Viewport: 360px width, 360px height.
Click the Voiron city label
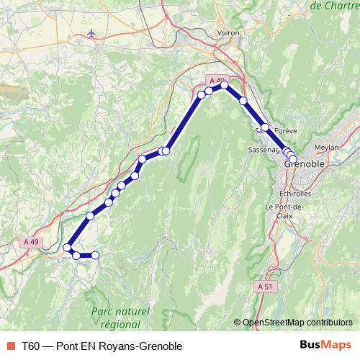(x=228, y=32)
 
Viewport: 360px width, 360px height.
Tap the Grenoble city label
(x=305, y=164)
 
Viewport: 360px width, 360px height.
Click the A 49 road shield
(x=30, y=242)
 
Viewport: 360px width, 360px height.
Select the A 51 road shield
(x=264, y=287)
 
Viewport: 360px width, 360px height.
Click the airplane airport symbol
(x=91, y=33)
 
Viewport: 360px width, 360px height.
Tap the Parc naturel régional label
(x=121, y=317)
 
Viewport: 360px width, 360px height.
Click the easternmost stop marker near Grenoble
(x=293, y=159)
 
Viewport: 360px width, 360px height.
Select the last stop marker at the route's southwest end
(x=94, y=255)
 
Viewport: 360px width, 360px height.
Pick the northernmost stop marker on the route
(x=224, y=85)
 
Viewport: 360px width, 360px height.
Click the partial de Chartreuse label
(x=335, y=6)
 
